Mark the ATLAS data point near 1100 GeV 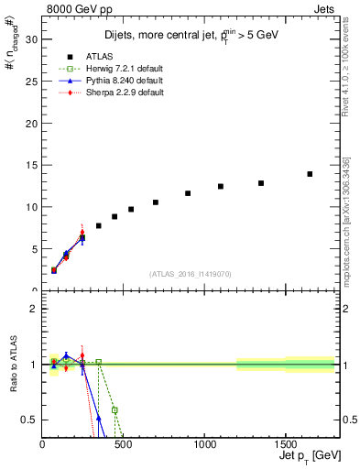pyautogui.click(x=221, y=186)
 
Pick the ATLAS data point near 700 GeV pyautogui.click(x=156, y=202)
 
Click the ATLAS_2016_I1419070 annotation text pyautogui.click(x=191, y=273)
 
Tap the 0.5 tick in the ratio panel pyautogui.click(x=32, y=420)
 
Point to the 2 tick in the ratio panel pyautogui.click(x=35, y=309)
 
